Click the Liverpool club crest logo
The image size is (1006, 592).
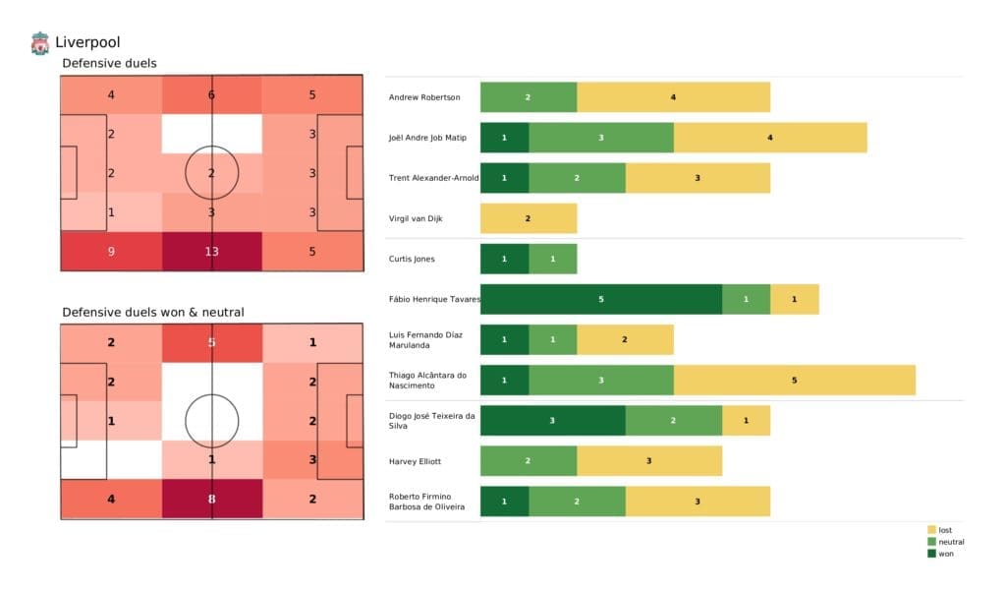coord(39,43)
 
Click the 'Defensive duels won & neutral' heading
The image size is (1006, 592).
coord(152,312)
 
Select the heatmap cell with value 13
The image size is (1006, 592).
coord(211,251)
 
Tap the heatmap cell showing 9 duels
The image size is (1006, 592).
coord(110,251)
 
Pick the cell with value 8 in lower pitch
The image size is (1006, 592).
coord(211,499)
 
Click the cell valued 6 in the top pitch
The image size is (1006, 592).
coord(211,95)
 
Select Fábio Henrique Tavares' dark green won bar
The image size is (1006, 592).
coord(600,299)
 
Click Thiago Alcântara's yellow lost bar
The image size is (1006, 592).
coord(794,380)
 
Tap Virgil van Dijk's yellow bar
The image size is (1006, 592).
coord(528,218)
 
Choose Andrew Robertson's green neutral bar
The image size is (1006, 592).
coord(528,97)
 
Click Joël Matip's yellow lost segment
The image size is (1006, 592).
coord(769,138)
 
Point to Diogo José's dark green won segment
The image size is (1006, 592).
coord(552,420)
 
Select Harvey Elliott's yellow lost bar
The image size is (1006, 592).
coord(648,460)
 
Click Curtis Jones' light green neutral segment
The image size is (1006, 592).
coord(552,259)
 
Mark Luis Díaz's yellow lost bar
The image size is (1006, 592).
coord(624,339)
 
